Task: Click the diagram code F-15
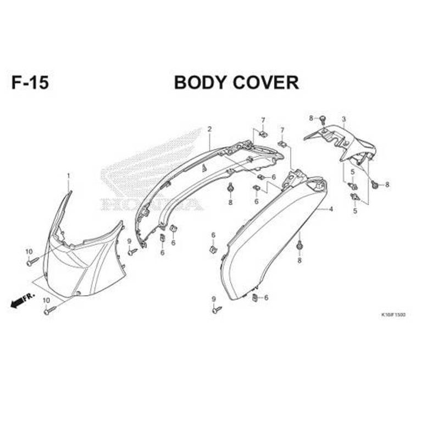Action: tap(30, 82)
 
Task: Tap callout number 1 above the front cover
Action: tap(69, 175)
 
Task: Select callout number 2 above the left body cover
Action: tap(209, 129)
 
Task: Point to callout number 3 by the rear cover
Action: tap(343, 119)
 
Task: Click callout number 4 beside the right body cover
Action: tap(331, 209)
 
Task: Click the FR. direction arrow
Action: tap(23, 299)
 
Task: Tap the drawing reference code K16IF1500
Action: tap(393, 315)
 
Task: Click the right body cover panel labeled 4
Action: tap(269, 236)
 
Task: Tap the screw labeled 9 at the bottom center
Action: tap(217, 310)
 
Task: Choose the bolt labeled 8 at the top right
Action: tap(323, 119)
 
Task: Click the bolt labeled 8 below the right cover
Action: tap(299, 247)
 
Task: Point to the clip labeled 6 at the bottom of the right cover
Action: tap(255, 297)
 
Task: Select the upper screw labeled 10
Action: tap(31, 262)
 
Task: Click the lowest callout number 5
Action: tap(355, 210)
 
